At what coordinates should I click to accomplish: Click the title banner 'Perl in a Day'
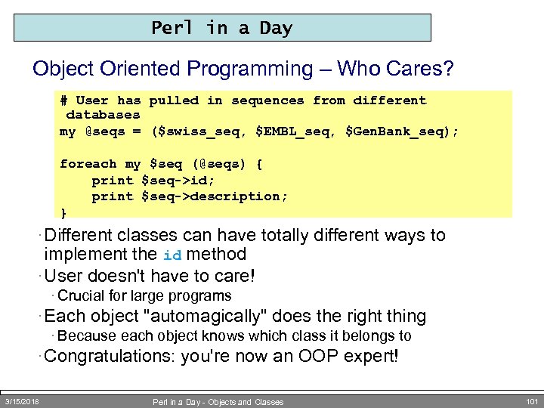[222, 28]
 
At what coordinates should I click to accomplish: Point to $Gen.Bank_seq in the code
[397, 131]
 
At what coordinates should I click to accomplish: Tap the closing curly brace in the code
[63, 212]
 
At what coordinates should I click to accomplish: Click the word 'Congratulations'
[113, 356]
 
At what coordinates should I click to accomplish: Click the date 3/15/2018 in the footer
[23, 401]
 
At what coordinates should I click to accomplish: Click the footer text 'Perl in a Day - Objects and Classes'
[218, 402]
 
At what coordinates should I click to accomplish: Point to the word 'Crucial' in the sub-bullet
[81, 295]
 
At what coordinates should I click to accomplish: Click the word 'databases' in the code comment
[104, 115]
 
